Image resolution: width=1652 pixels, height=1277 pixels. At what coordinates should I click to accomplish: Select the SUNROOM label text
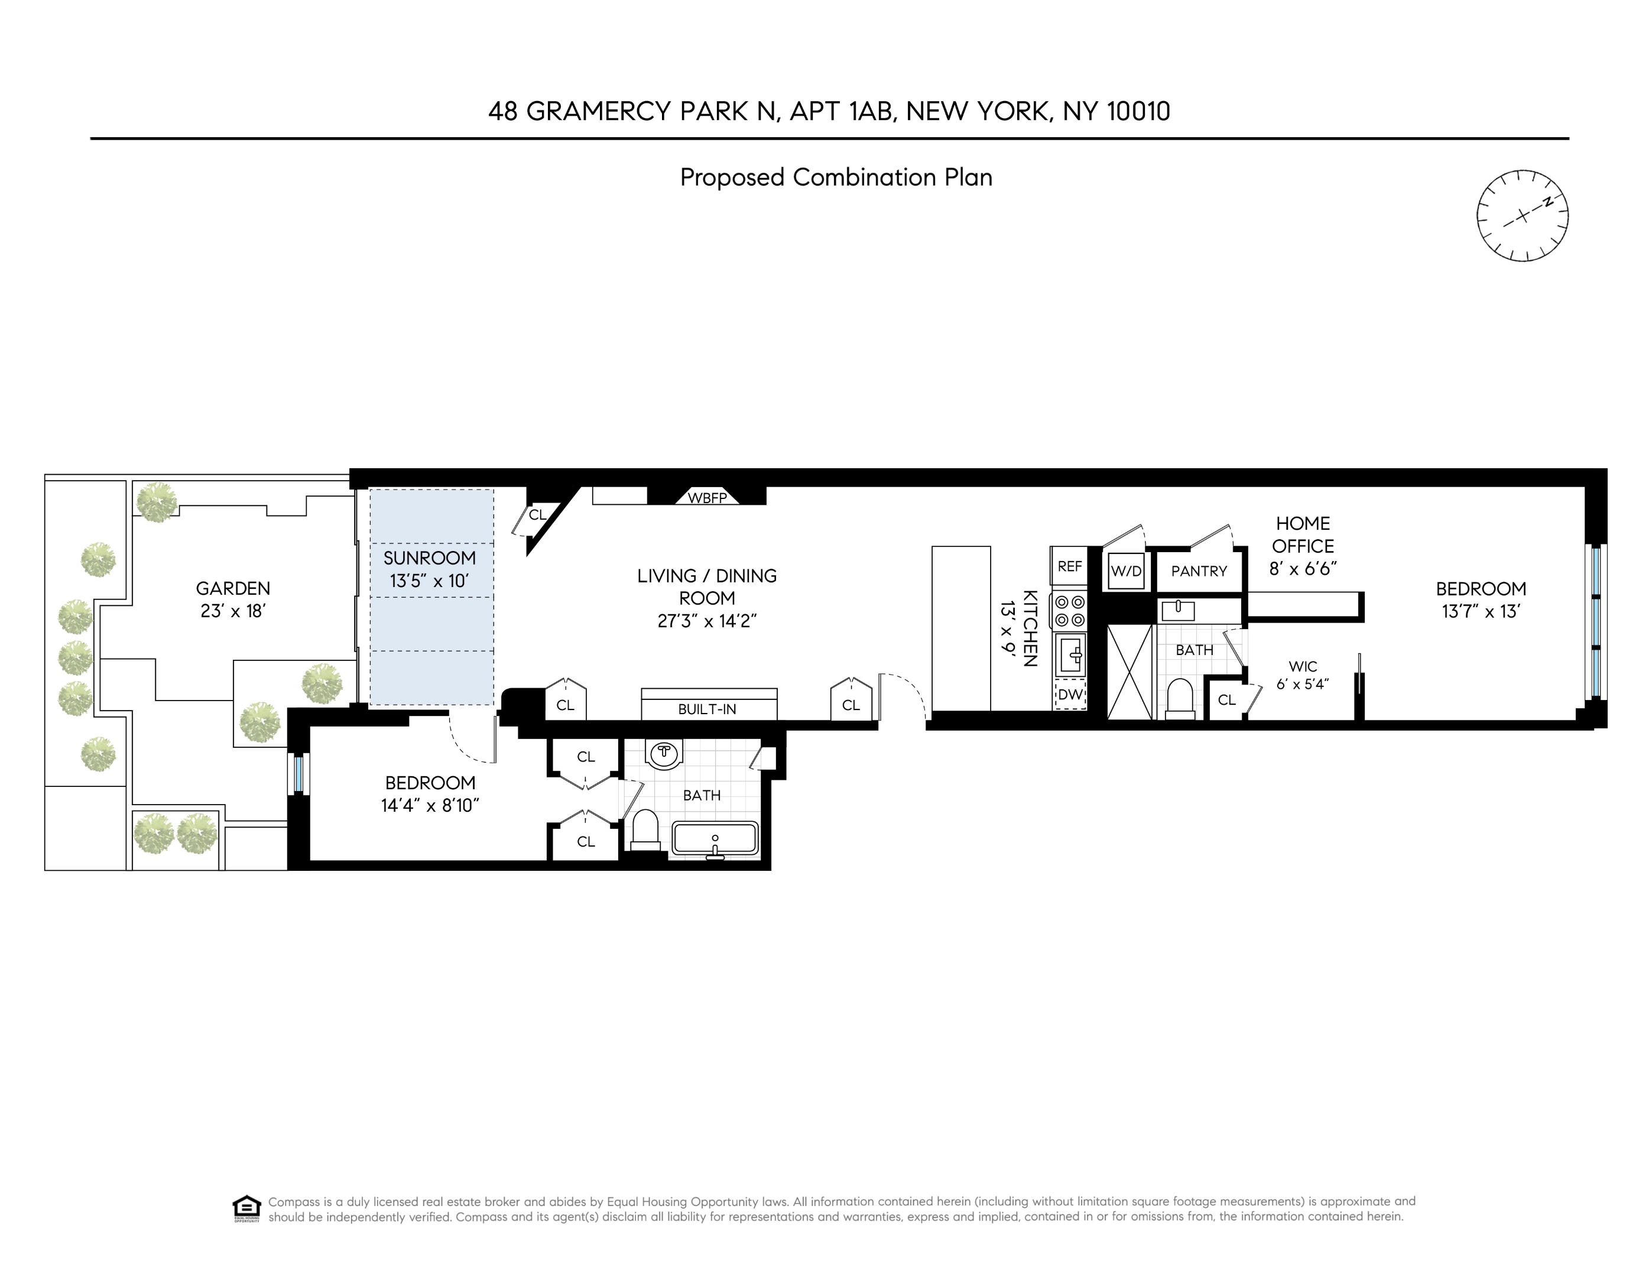(x=430, y=558)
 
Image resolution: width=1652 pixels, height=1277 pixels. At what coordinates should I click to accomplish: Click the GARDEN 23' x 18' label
(x=233, y=599)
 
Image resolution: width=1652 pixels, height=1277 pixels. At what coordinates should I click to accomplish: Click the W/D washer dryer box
(x=1125, y=571)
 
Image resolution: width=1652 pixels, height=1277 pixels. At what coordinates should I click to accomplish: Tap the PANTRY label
(x=1199, y=571)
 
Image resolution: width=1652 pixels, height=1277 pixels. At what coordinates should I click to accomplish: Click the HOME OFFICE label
(x=1303, y=535)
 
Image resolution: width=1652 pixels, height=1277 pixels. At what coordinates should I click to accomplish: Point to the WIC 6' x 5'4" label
(x=1303, y=674)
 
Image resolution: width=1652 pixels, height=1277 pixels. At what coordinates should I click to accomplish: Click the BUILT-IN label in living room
(x=707, y=709)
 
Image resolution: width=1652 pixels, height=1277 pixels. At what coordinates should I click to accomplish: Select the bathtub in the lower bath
(x=715, y=839)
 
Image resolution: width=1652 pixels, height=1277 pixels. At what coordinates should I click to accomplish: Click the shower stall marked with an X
(x=1131, y=672)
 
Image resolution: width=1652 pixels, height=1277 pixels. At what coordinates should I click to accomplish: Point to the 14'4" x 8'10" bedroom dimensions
(x=430, y=806)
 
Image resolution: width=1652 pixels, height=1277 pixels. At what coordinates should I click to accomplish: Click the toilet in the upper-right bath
(x=1180, y=698)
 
